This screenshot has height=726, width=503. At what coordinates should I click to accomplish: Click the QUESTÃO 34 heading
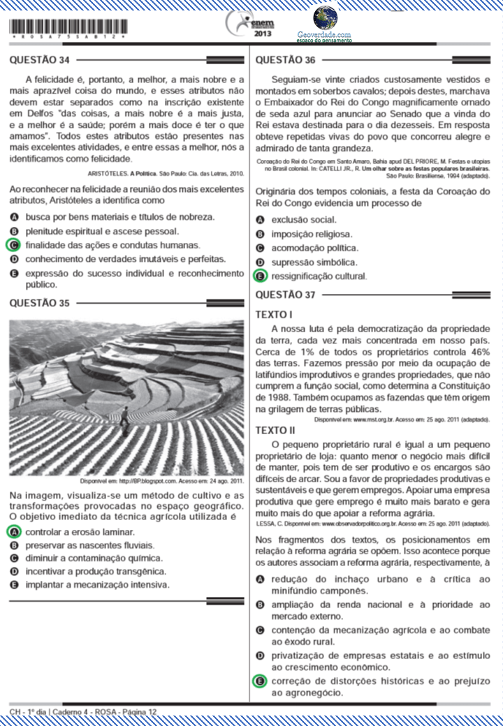39,60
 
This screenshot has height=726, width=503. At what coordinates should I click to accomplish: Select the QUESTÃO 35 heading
39,303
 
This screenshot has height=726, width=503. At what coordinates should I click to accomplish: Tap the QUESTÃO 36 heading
286,60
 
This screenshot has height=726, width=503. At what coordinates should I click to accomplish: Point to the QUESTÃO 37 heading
286,295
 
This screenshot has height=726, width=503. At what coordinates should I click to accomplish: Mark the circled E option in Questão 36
260,276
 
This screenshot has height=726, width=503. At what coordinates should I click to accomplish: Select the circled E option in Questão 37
260,681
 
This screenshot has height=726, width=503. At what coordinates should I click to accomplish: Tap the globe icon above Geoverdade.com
324,17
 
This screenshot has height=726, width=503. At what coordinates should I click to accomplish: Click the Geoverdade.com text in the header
323,34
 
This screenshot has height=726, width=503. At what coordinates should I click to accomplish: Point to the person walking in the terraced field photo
124,416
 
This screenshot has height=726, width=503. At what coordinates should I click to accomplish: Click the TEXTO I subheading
274,315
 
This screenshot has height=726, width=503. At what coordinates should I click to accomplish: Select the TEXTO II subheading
275,430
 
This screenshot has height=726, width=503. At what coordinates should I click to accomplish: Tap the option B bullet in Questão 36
260,235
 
